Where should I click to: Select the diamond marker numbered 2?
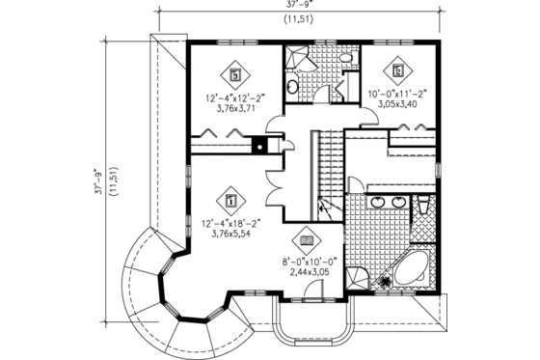coord(397,69)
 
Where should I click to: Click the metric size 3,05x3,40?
coord(397,105)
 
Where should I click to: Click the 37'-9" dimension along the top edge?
coord(298,5)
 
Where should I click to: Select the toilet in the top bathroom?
coord(293,87)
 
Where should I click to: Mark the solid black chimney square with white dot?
coord(257,148)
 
